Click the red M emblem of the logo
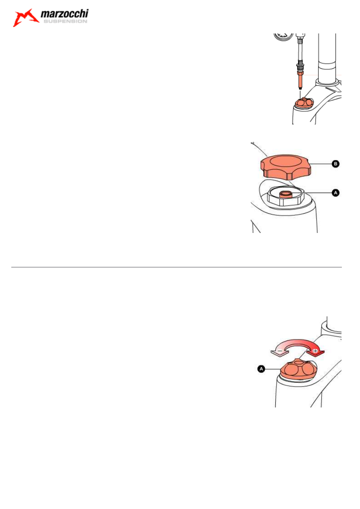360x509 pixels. point(25,18)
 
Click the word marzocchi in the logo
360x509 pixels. point(65,14)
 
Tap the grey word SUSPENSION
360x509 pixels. point(65,21)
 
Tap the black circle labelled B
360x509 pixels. point(335,164)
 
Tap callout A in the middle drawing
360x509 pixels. point(335,193)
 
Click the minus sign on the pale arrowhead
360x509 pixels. point(280,351)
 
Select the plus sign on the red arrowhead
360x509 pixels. point(315,351)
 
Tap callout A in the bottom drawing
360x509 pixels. point(261,369)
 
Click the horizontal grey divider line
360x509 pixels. point(177,267)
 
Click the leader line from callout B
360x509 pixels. point(321,164)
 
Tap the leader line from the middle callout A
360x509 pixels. point(311,193)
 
